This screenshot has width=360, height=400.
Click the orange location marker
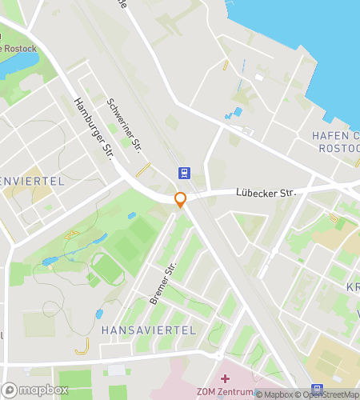181,200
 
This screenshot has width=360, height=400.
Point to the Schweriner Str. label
124,126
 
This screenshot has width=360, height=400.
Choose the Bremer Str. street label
162,285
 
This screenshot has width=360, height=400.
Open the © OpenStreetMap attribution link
328,394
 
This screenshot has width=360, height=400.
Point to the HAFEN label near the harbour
325,136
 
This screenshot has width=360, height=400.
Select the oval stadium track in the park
106,269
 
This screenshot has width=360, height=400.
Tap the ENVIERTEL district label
32,182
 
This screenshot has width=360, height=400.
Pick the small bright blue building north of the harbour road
237,112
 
